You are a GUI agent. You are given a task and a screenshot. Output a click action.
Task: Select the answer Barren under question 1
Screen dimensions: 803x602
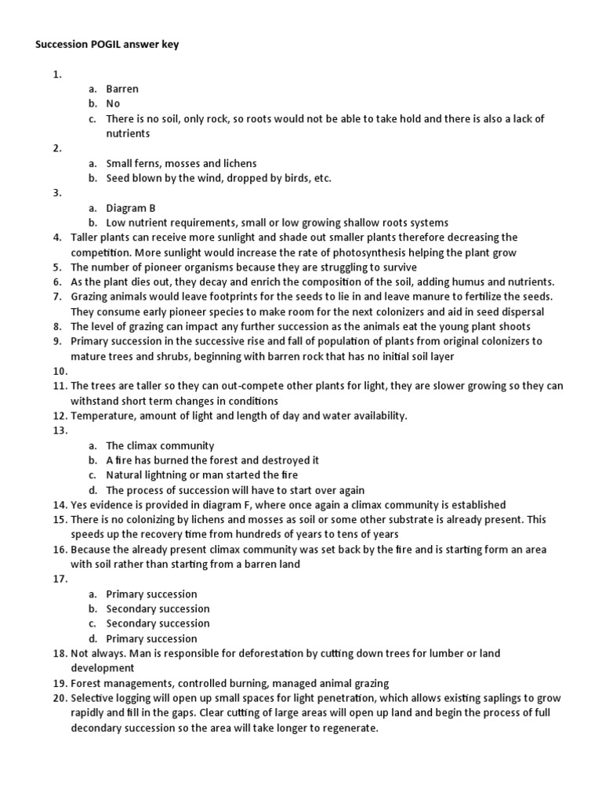point(122,89)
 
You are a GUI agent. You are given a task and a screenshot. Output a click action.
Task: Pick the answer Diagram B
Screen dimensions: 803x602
point(131,208)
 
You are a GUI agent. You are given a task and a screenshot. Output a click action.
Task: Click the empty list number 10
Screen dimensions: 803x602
point(60,371)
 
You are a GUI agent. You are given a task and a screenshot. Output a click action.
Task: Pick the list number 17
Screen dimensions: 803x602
point(60,580)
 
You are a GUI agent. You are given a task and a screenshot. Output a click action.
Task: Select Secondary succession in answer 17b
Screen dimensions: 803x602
point(158,609)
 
